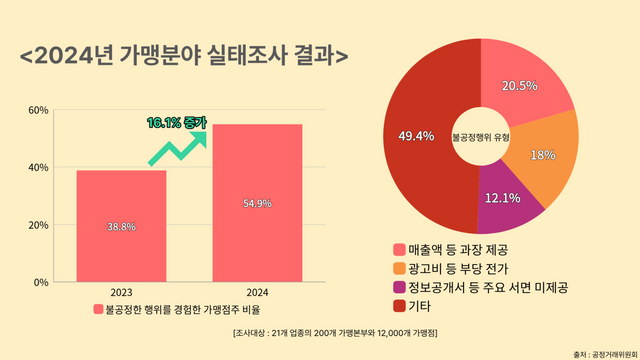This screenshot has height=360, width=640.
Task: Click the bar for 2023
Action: click(x=121, y=226)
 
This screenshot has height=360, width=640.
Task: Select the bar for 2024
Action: click(x=257, y=203)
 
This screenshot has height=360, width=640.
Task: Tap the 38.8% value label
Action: click(x=121, y=227)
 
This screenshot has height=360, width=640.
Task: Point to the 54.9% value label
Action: click(x=257, y=204)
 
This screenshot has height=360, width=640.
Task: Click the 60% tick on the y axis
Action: click(x=37, y=109)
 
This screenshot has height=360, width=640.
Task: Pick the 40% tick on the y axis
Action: click(x=37, y=167)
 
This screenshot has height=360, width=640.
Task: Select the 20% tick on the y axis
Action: click(x=37, y=225)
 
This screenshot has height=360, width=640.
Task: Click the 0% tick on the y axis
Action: click(x=40, y=282)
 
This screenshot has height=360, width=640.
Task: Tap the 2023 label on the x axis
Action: click(x=121, y=293)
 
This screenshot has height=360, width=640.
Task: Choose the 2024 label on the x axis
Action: click(x=257, y=293)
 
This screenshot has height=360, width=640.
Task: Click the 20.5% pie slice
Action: click(x=525, y=86)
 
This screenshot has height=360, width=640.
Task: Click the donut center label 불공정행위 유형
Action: click(x=481, y=135)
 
